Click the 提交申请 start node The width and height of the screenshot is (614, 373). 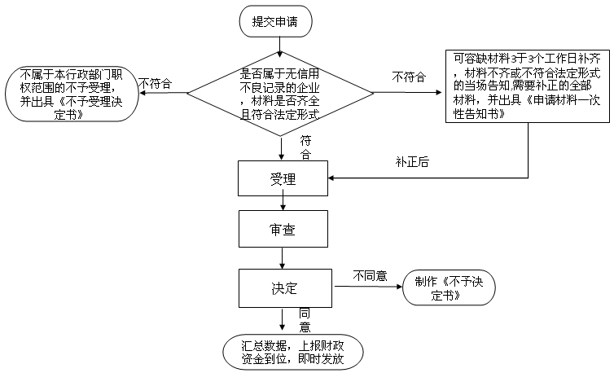276,21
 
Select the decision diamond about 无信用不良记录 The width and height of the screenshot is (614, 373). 280,93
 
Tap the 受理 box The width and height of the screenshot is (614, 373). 283,178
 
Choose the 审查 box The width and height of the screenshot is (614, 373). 283,229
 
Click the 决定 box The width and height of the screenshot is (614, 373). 285,288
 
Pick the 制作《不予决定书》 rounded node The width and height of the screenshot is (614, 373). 449,287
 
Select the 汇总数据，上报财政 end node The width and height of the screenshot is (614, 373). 293,352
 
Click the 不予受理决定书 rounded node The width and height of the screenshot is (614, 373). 72,94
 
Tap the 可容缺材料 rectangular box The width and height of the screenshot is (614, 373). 528,86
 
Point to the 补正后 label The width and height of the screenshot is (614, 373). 412,161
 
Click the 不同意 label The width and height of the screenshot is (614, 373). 370,276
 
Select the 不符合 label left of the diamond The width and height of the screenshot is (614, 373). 155,83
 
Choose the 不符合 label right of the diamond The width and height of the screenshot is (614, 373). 409,77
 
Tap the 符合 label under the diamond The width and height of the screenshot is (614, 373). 305,147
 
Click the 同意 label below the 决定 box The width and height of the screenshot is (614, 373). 305,320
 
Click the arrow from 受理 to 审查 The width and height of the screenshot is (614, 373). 283,203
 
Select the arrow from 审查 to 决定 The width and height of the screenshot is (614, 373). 282,258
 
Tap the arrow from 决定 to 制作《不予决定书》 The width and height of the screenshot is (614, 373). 368,287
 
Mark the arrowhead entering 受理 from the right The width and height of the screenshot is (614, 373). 331,178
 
